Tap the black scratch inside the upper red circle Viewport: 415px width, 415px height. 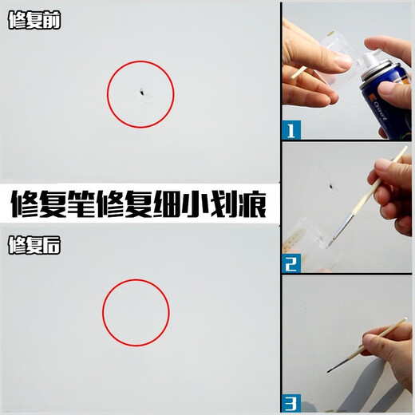(141, 94)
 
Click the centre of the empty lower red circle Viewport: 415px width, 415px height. (136, 312)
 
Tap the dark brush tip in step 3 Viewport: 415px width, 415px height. (332, 369)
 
